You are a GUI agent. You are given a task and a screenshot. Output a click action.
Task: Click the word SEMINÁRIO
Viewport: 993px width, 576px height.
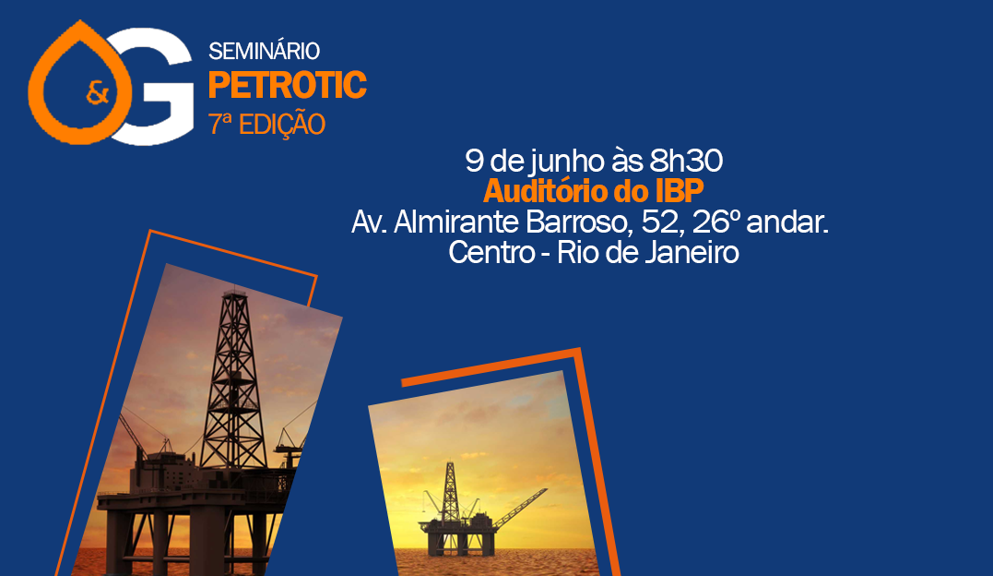pos(264,51)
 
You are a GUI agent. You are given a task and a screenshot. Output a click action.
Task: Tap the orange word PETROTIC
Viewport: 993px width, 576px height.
pos(288,85)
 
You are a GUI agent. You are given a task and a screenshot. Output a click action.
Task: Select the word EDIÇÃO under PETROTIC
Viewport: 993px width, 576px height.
pos(282,125)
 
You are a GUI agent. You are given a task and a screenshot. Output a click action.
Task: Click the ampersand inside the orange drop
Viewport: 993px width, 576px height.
pos(98,94)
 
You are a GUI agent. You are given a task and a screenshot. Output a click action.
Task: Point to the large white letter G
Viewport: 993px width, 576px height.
pos(152,86)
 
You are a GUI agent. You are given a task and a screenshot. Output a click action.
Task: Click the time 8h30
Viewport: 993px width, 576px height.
pos(686,162)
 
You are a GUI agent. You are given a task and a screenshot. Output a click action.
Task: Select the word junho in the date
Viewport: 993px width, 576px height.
pos(569,162)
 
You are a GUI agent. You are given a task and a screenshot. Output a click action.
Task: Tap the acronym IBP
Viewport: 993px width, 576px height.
pos(680,192)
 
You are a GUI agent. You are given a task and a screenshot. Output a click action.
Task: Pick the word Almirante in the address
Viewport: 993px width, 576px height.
pos(456,222)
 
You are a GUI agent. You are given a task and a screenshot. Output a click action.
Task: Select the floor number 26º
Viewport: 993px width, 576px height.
pos(716,222)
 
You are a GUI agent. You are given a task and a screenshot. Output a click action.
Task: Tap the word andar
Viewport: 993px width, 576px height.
pos(787,222)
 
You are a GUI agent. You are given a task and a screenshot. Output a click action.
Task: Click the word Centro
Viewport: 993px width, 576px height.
pos(491,253)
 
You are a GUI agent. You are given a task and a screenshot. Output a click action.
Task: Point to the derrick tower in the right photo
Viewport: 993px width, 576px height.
pos(450,491)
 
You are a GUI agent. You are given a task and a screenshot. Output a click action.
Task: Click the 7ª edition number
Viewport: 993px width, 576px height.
pos(220,125)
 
